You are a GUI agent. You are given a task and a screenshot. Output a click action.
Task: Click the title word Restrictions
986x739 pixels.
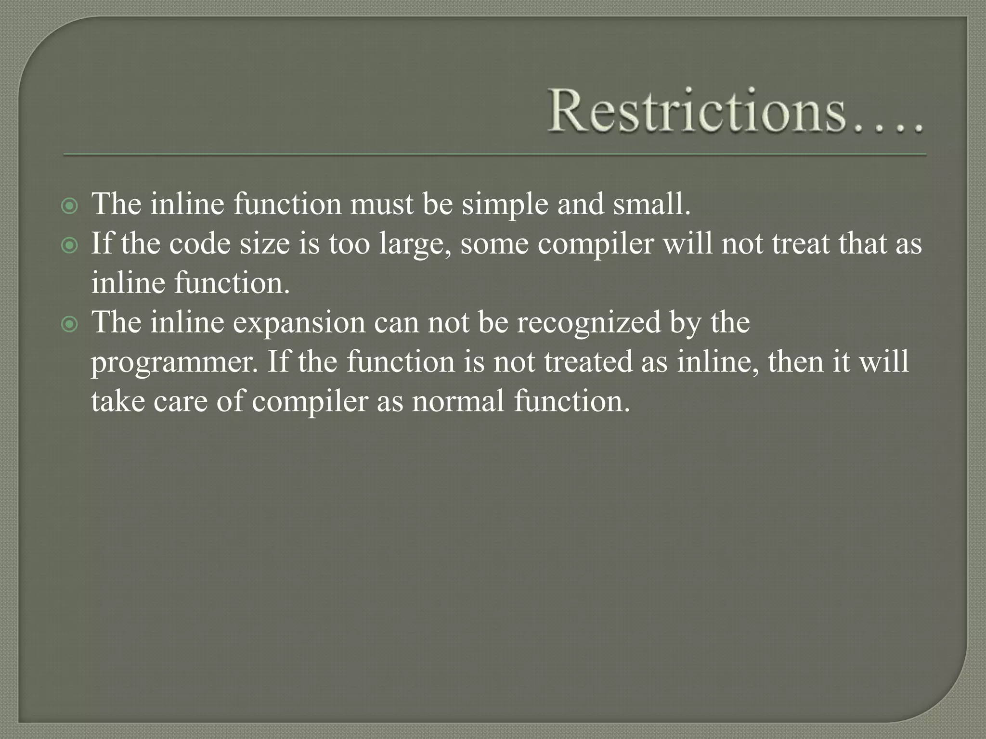[696, 111]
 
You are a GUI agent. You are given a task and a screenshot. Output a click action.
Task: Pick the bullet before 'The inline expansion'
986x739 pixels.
[70, 325]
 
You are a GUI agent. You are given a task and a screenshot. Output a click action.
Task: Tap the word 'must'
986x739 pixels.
[381, 204]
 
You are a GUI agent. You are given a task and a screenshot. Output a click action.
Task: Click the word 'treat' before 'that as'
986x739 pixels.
[800, 243]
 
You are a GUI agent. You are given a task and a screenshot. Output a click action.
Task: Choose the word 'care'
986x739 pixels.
[180, 401]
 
